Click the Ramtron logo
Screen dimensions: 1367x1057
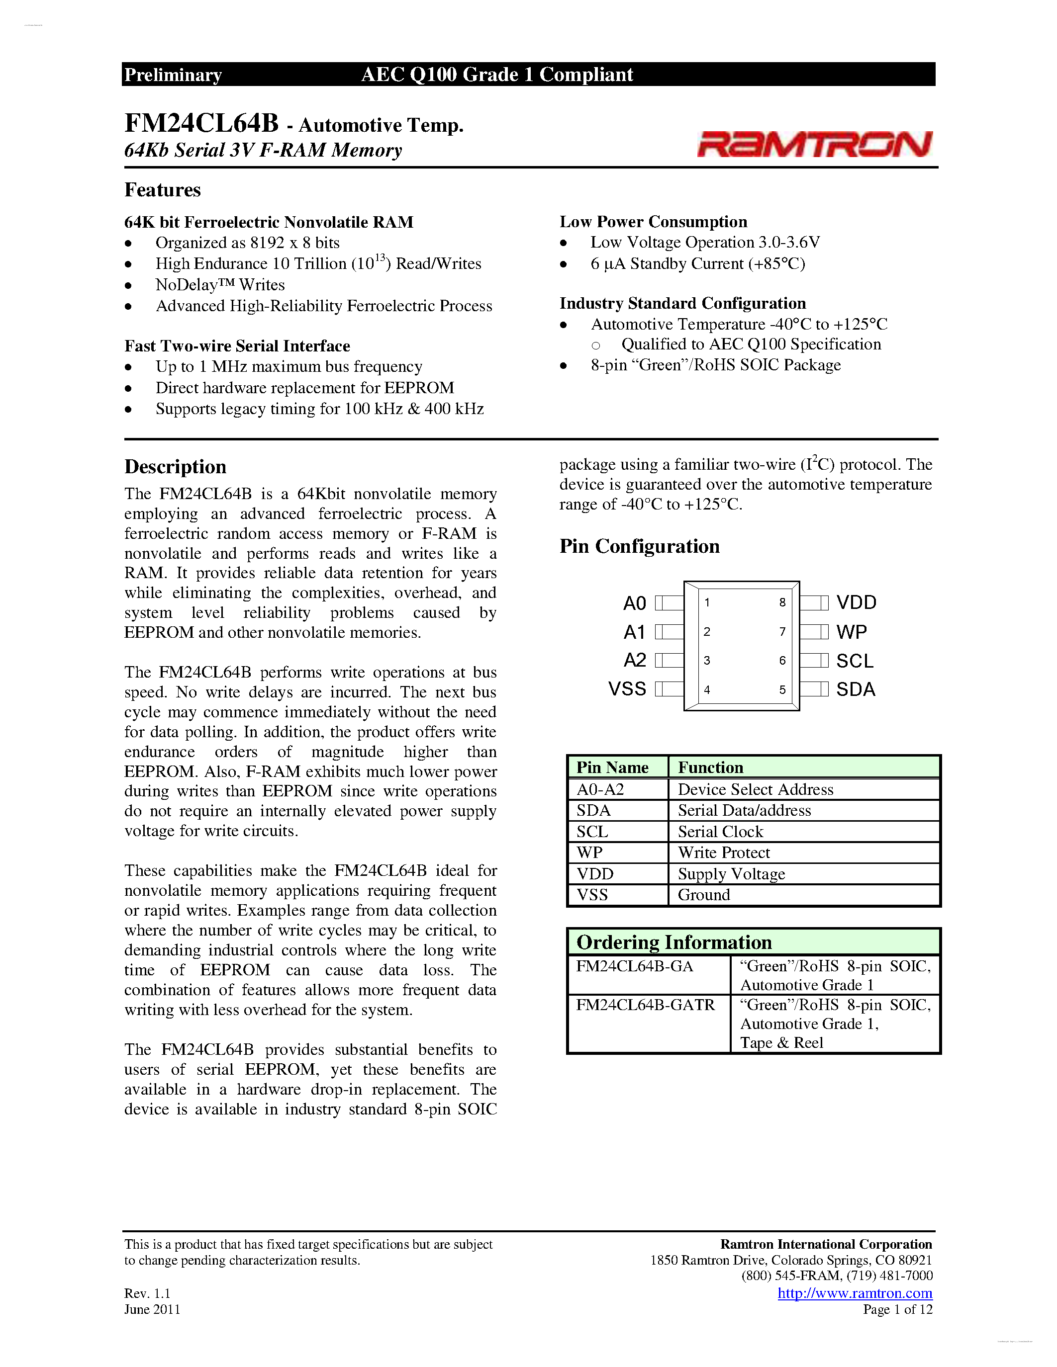(x=815, y=144)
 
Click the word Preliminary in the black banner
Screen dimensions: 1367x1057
(x=173, y=75)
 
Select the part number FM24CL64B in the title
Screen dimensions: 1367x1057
(x=201, y=123)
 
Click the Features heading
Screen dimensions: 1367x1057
(x=162, y=190)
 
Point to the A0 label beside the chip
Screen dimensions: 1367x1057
(x=634, y=603)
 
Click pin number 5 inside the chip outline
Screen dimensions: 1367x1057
(x=782, y=690)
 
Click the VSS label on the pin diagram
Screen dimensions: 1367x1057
(x=627, y=689)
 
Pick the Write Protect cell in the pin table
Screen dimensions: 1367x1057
(x=724, y=853)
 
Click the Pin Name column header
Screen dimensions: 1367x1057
(x=612, y=768)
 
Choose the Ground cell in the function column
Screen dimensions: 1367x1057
(x=704, y=895)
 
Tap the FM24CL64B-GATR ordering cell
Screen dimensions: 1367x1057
(x=645, y=1005)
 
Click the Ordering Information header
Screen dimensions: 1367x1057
(x=674, y=942)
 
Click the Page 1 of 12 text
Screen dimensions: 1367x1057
(x=897, y=1309)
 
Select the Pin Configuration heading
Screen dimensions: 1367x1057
(x=639, y=546)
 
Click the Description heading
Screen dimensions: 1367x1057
(x=175, y=467)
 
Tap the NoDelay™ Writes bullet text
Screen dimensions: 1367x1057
(x=220, y=285)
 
